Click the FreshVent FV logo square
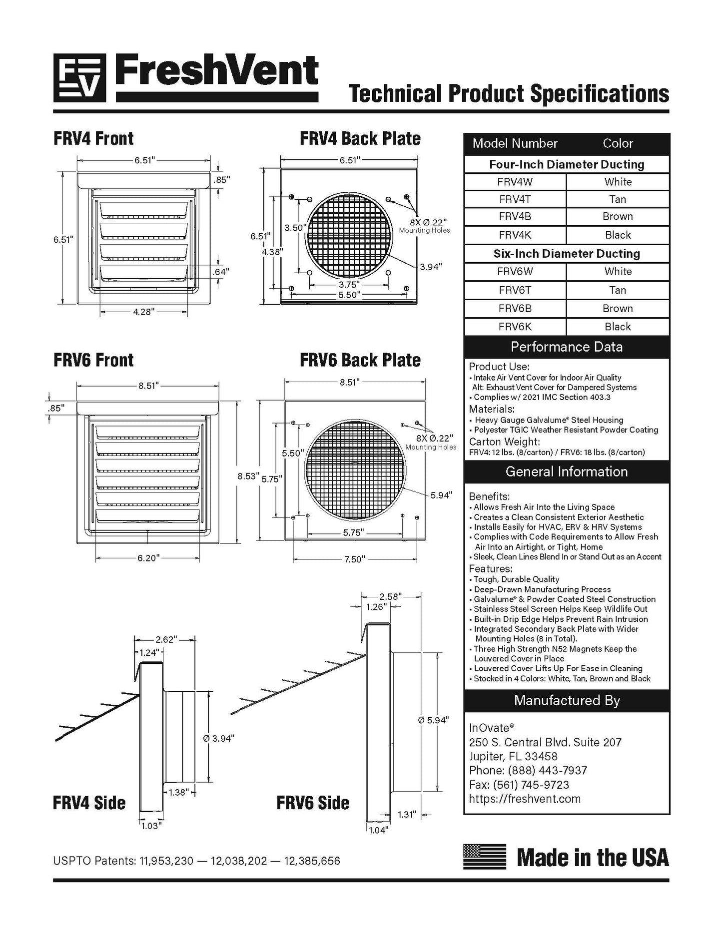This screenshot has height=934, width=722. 79,77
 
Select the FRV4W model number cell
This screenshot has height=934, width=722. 515,182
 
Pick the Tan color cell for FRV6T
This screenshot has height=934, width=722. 618,290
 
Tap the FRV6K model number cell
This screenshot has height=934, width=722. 515,327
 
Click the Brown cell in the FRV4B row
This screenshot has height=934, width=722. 618,216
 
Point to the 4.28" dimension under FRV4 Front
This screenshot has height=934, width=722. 144,312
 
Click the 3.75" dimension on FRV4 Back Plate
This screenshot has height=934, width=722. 348,284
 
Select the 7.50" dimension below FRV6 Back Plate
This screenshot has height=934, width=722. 355,559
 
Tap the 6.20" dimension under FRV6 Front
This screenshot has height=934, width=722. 148,558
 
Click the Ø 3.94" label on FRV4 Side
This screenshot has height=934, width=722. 218,738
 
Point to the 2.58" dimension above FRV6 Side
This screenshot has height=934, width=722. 390,596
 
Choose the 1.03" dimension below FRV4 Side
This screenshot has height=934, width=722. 151,826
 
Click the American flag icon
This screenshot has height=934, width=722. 484,857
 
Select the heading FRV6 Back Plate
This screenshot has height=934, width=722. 360,360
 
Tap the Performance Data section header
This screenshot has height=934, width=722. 567,347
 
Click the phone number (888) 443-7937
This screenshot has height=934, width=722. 548,770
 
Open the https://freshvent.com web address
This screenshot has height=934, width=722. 525,799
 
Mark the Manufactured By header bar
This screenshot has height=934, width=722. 567,700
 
